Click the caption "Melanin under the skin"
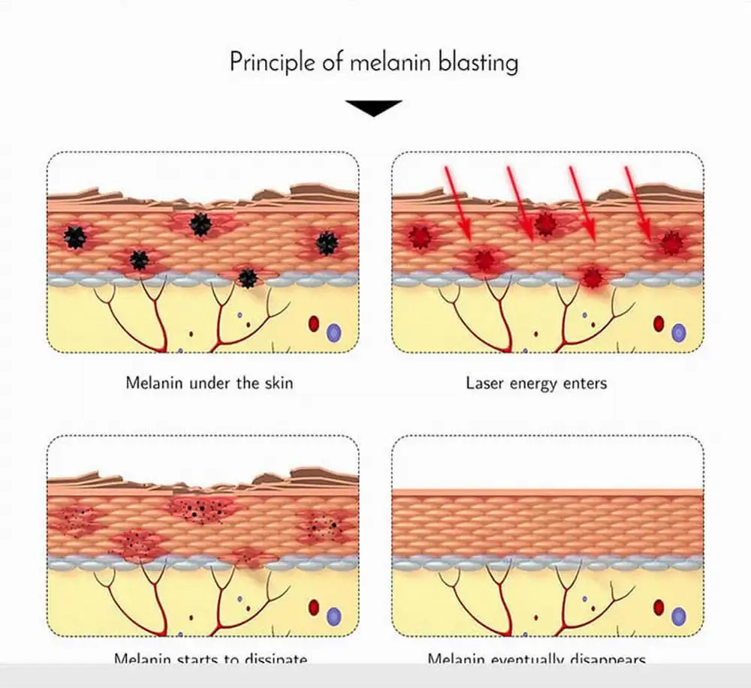click(x=209, y=383)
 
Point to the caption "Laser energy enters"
click(x=536, y=383)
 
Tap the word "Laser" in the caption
click(x=485, y=383)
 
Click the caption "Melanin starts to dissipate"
click(x=210, y=660)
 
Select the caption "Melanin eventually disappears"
click(x=536, y=660)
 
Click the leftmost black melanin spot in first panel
click(x=74, y=237)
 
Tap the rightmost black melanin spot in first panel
click(x=326, y=242)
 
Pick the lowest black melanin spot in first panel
click(x=248, y=278)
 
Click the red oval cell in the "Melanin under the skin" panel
click(x=314, y=325)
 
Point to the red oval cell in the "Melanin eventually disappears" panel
click(x=659, y=607)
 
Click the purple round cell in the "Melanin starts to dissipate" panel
click(x=333, y=617)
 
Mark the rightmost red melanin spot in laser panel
click(x=671, y=242)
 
